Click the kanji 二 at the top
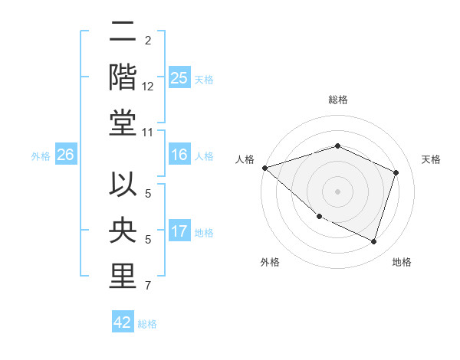tap(123, 33)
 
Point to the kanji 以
tap(123, 187)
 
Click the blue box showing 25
tap(179, 77)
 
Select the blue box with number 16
tap(179, 155)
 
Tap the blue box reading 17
tap(179, 231)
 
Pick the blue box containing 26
tap(65, 155)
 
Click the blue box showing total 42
tap(123, 322)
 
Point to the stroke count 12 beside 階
tap(148, 87)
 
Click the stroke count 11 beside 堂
tap(148, 133)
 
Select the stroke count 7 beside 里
tap(148, 286)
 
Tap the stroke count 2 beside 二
tap(148, 41)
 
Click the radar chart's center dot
tap(337, 191)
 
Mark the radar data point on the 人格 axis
tap(264, 168)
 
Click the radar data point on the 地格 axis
tap(373, 242)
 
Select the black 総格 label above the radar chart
tap(337, 100)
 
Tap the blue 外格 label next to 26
tap(40, 155)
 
